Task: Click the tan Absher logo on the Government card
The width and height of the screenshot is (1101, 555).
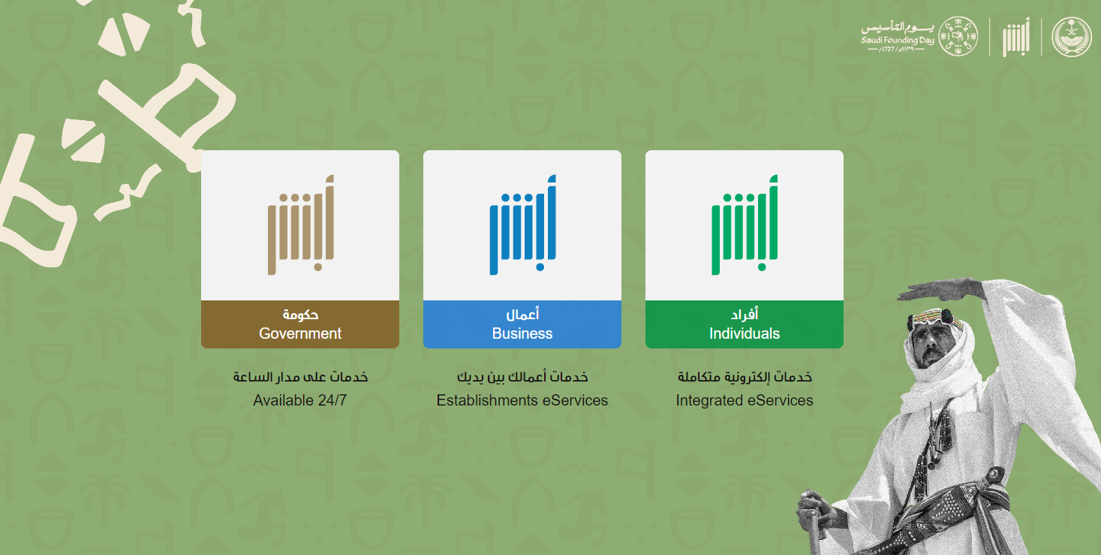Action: pyautogui.click(x=301, y=225)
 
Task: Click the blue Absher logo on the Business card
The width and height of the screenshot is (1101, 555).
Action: pyautogui.click(x=523, y=225)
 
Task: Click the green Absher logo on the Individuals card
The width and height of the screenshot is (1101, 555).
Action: pyautogui.click(x=745, y=225)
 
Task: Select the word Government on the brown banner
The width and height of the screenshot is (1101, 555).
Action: pyautogui.click(x=299, y=333)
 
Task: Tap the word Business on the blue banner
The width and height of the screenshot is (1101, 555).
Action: pyautogui.click(x=522, y=333)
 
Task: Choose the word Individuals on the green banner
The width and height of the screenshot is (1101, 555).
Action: pyautogui.click(x=745, y=333)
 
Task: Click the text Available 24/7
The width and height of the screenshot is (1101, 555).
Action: pyautogui.click(x=299, y=400)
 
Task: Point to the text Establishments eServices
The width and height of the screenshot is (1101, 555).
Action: pyautogui.click(x=522, y=400)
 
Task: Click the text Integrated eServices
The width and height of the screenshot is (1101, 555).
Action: pyautogui.click(x=745, y=400)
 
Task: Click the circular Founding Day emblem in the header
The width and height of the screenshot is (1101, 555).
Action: pyautogui.click(x=958, y=36)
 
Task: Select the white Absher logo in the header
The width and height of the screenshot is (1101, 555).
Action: pyautogui.click(x=1016, y=38)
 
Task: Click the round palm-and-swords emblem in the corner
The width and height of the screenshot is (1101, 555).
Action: pyautogui.click(x=1072, y=36)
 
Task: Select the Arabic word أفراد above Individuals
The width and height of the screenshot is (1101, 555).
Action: pyautogui.click(x=745, y=314)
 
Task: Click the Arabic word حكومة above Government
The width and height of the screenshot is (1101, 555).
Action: pyautogui.click(x=300, y=315)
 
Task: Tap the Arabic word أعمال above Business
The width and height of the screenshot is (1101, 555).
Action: pyautogui.click(x=522, y=314)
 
